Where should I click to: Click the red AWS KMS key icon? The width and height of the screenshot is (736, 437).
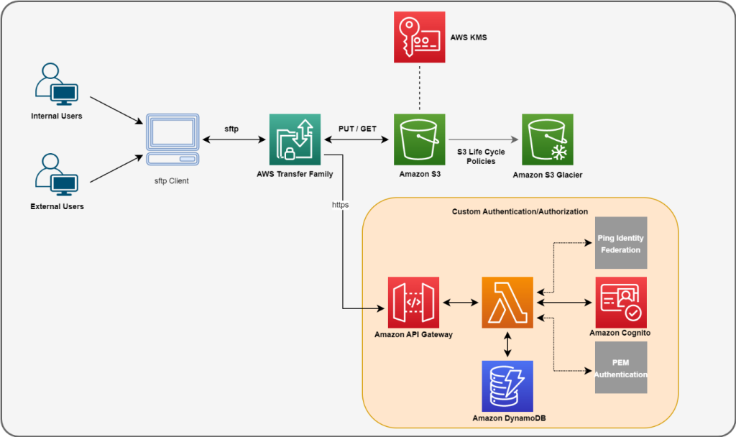point(420,38)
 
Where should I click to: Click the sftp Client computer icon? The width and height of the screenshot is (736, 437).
point(172,140)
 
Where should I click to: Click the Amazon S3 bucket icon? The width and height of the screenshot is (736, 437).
point(420,139)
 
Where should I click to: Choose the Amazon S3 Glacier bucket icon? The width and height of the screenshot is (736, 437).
point(548,139)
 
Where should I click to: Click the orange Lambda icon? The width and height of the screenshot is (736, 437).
point(508,302)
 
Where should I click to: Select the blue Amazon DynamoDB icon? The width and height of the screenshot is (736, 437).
point(508,386)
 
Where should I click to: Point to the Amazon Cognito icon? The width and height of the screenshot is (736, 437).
point(620,302)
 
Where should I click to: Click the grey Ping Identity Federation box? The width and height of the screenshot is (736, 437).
point(620,243)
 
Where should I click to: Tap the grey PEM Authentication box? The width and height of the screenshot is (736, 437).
point(620,368)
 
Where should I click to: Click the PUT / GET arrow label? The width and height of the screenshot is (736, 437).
point(358,128)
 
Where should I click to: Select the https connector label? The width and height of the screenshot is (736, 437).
point(341,204)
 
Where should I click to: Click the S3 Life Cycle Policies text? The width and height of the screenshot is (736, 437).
point(481,156)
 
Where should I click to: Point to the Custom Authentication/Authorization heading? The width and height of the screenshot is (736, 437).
point(520,211)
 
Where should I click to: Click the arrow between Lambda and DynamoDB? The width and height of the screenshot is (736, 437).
point(508,344)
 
